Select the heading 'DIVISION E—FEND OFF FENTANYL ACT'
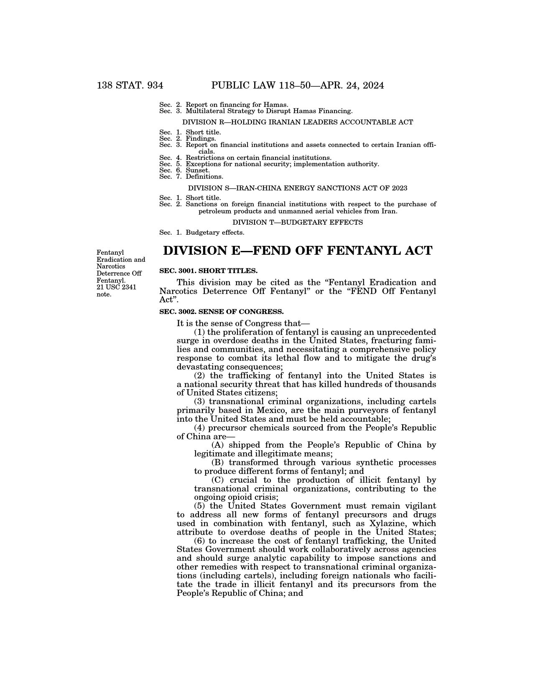coord(297,251)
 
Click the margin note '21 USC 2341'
coord(116,287)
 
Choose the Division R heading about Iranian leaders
coord(298,122)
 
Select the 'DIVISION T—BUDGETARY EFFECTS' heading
coord(298,222)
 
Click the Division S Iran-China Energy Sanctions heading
coord(298,188)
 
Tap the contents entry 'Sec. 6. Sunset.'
coord(185,170)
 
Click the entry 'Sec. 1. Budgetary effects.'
coord(202,232)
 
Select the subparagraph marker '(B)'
coord(217,463)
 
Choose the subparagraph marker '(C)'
coord(217,480)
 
